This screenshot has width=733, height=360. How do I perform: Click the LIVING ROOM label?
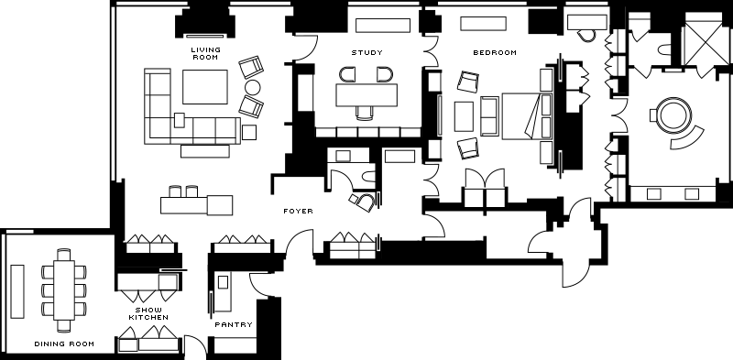pyautogui.click(x=205, y=53)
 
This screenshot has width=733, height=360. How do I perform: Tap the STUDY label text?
pyautogui.click(x=367, y=53)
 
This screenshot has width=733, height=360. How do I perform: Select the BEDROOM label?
pyautogui.click(x=495, y=53)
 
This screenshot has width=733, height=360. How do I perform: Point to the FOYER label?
pyautogui.click(x=299, y=212)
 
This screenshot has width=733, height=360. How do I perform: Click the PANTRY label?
pyautogui.click(x=234, y=324)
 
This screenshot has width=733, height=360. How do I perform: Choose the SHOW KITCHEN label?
pyautogui.click(x=148, y=313)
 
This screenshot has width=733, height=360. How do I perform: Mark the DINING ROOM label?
pyautogui.click(x=64, y=344)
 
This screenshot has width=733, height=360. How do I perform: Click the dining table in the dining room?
pyautogui.click(x=64, y=289)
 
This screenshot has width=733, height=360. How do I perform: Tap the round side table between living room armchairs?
pyautogui.click(x=253, y=87)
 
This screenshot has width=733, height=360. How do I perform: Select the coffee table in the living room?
pyautogui.click(x=205, y=87)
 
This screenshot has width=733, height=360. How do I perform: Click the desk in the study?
pyautogui.click(x=366, y=95)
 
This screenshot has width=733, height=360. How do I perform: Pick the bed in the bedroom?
pyautogui.click(x=527, y=116)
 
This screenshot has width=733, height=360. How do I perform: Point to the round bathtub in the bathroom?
pyautogui.click(x=673, y=115)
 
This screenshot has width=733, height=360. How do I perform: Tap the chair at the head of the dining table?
pyautogui.click(x=64, y=255)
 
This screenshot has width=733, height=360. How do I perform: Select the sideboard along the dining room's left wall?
pyautogui.click(x=17, y=291)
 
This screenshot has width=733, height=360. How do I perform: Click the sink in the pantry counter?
pyautogui.click(x=223, y=282)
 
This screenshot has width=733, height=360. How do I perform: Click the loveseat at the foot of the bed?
pyautogui.click(x=489, y=116)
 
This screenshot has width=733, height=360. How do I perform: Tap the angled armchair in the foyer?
pyautogui.click(x=365, y=202)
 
